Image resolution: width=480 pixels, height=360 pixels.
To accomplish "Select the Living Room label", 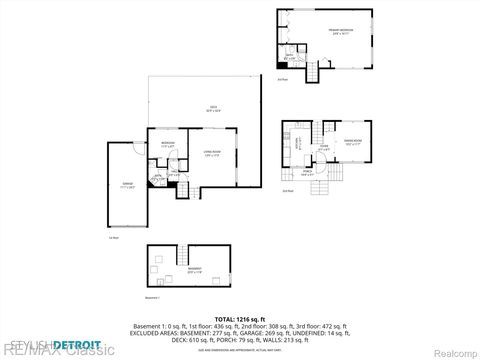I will pyautogui.click(x=211, y=154).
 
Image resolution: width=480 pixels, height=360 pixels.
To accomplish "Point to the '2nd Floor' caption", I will pyautogui.click(x=287, y=190).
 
